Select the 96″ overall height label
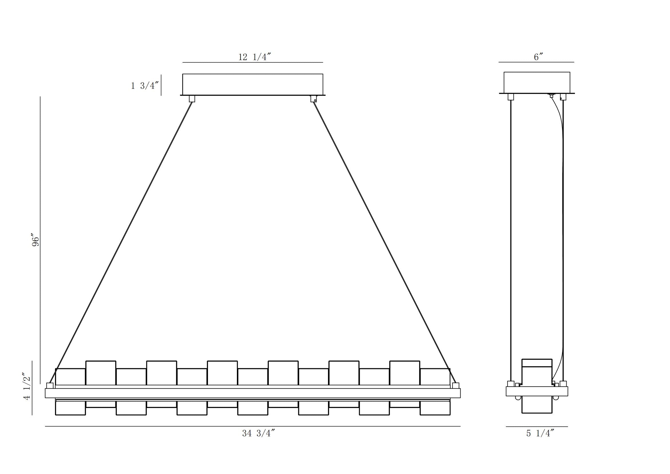click(35, 240)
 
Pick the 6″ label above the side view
click(538, 57)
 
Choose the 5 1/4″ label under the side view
click(540, 433)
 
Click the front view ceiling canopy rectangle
click(253, 84)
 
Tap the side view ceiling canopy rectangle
click(537, 83)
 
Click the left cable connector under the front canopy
click(192, 99)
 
